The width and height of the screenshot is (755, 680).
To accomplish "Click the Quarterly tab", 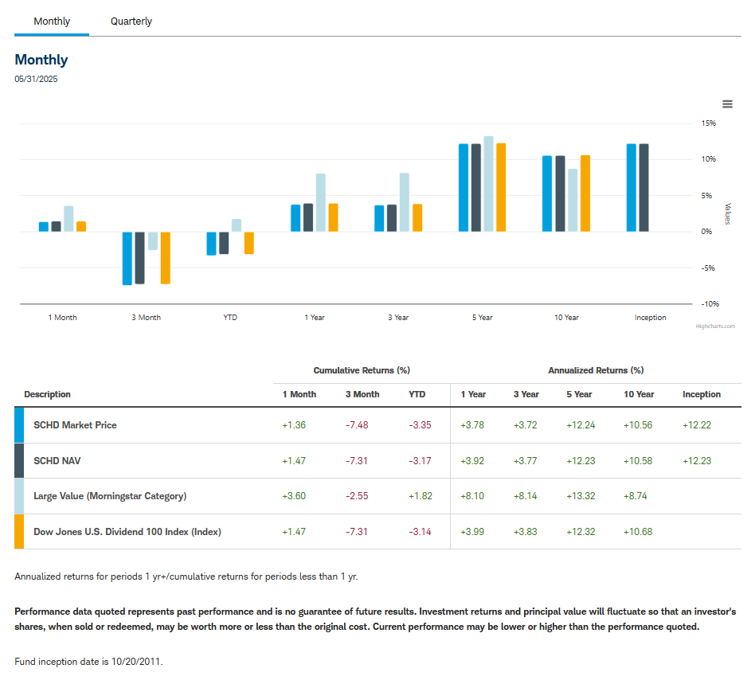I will point(131,21).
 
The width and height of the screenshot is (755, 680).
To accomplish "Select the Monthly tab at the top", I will point(52,21).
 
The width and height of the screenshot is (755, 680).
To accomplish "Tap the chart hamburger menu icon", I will point(727,104).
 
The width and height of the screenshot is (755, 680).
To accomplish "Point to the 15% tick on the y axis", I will point(708,123).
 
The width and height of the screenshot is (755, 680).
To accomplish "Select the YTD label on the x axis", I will point(230,318).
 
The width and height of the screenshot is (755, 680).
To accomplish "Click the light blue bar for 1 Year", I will point(321,202).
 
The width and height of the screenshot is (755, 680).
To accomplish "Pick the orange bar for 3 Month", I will point(166,257).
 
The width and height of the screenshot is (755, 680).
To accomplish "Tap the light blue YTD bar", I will point(237,225).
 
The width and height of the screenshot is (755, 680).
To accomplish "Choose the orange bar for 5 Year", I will point(501,187).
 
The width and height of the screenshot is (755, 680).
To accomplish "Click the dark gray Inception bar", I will point(644,187).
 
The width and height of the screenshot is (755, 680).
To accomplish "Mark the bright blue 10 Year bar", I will point(547,193).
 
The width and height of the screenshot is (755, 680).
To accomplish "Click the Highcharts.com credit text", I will point(715,326).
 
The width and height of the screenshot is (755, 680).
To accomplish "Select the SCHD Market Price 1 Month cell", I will point(294,425).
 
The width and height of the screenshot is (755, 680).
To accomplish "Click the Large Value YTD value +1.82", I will point(420,496).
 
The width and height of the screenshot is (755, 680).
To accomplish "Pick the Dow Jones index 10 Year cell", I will point(637,532).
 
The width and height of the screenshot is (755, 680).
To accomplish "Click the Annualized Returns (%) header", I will point(596,370).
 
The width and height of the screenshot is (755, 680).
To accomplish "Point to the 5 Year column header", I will point(579,395).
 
